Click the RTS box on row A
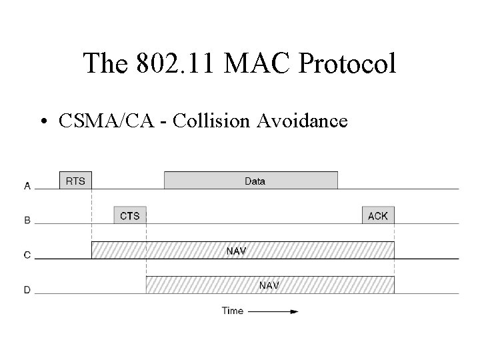point(75,180)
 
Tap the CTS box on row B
point(131,215)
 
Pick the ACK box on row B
point(378,215)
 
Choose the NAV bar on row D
point(270,285)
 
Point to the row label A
point(27,187)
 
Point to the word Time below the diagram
point(233,311)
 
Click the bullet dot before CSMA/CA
point(43,121)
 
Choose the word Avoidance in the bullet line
point(305,121)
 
